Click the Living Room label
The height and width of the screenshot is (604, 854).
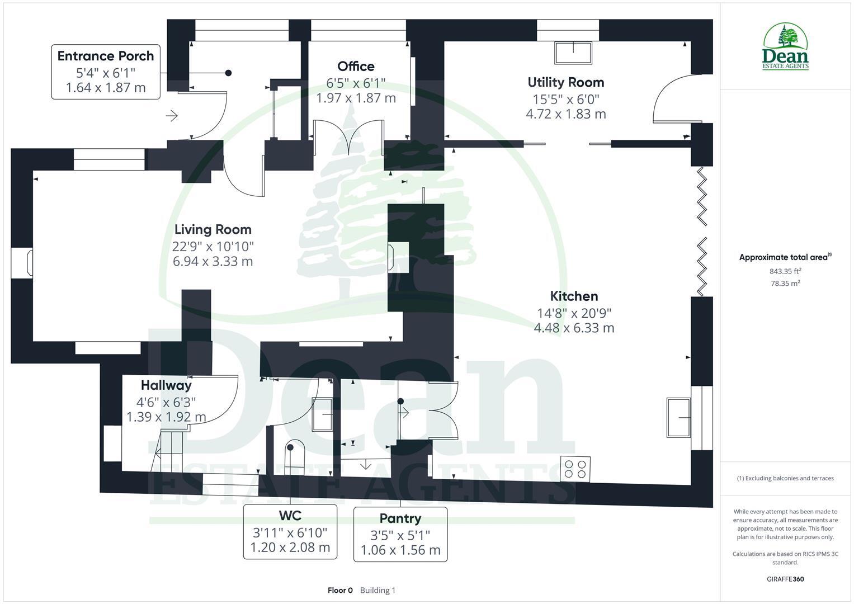point(213,229)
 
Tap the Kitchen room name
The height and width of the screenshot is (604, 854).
point(574,296)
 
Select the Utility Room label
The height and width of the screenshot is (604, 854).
point(565,82)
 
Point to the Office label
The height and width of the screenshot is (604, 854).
point(356,67)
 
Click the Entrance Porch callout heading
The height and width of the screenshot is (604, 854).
point(106,56)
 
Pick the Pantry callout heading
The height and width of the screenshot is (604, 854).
point(400,518)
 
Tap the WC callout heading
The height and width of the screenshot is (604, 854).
point(290,515)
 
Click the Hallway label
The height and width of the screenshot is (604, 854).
point(166,385)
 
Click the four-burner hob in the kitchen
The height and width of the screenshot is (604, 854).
point(575,469)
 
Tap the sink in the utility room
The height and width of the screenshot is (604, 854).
point(573,52)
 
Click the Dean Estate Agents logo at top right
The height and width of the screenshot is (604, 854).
point(786,48)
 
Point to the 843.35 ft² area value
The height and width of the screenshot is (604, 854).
point(785,271)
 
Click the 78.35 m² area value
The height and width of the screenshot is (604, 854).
point(785,284)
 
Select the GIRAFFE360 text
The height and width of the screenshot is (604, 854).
point(785,579)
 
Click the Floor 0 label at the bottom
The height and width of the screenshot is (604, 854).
point(340,591)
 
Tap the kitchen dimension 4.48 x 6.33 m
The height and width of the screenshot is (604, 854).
point(574,328)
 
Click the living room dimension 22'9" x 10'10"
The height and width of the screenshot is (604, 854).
point(213,246)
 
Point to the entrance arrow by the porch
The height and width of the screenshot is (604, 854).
point(172,116)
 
